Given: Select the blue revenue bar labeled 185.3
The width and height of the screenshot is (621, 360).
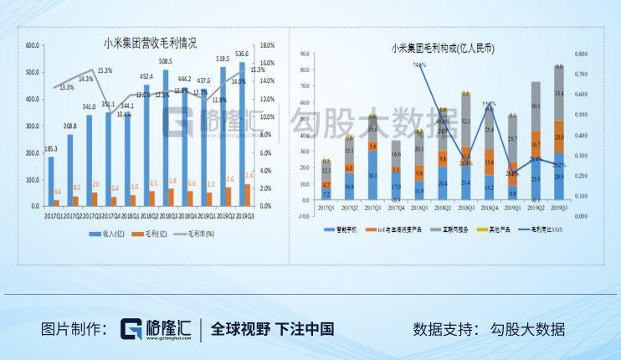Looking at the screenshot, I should (x=50, y=181).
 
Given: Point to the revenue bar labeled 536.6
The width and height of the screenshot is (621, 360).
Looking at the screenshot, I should (x=242, y=134).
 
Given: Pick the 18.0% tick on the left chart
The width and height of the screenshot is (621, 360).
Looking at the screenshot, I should (x=267, y=45).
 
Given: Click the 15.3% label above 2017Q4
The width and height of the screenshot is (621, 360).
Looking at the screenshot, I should (x=105, y=71).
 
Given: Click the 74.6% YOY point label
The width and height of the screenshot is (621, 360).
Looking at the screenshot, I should (x=419, y=64).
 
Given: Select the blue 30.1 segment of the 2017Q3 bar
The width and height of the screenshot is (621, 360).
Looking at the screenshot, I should (x=372, y=175).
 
